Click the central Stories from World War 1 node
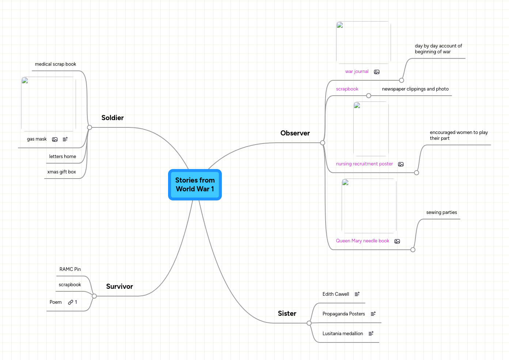tap(195, 185)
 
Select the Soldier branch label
tap(113, 118)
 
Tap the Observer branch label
tap(295, 133)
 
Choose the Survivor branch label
tap(119, 287)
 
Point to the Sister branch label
tap(287, 314)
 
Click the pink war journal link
tap(357, 72)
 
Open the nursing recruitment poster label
tap(364, 164)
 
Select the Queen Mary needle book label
tap(362, 241)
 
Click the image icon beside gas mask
tap(55, 139)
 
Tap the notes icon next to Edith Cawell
tap(357, 294)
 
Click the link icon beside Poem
tap(71, 302)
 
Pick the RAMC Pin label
tap(70, 269)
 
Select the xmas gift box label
tap(62, 172)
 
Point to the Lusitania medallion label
tap(343, 334)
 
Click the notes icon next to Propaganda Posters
tap(373, 314)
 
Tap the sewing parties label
tap(441, 212)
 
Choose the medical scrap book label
tap(56, 64)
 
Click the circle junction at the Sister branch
tap(309, 323)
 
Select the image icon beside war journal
tap(377, 72)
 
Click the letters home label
tap(63, 157)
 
